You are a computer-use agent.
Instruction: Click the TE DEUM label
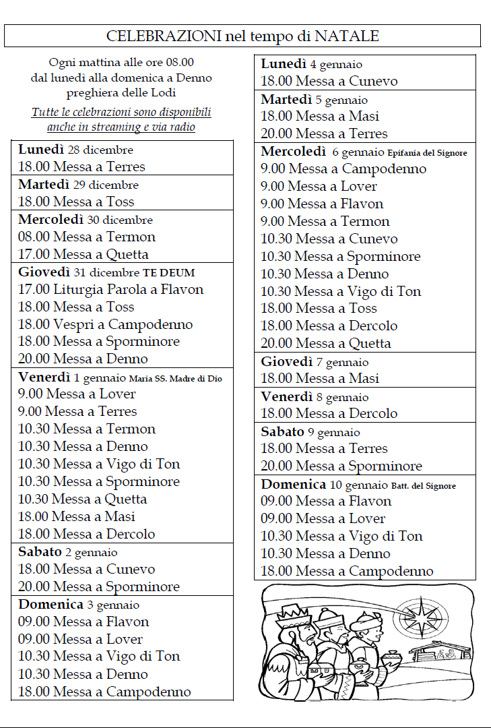[168, 272]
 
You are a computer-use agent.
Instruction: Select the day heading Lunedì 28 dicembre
[75, 150]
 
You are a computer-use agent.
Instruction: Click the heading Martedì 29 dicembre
[78, 185]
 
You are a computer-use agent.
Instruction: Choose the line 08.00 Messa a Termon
[87, 237]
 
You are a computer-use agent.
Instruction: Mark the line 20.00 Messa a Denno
[83, 359]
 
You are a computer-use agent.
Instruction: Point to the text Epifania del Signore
[428, 153]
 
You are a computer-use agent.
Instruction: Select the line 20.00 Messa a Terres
[324, 133]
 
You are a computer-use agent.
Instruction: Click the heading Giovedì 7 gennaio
[315, 363]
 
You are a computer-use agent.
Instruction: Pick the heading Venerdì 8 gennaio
[315, 397]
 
